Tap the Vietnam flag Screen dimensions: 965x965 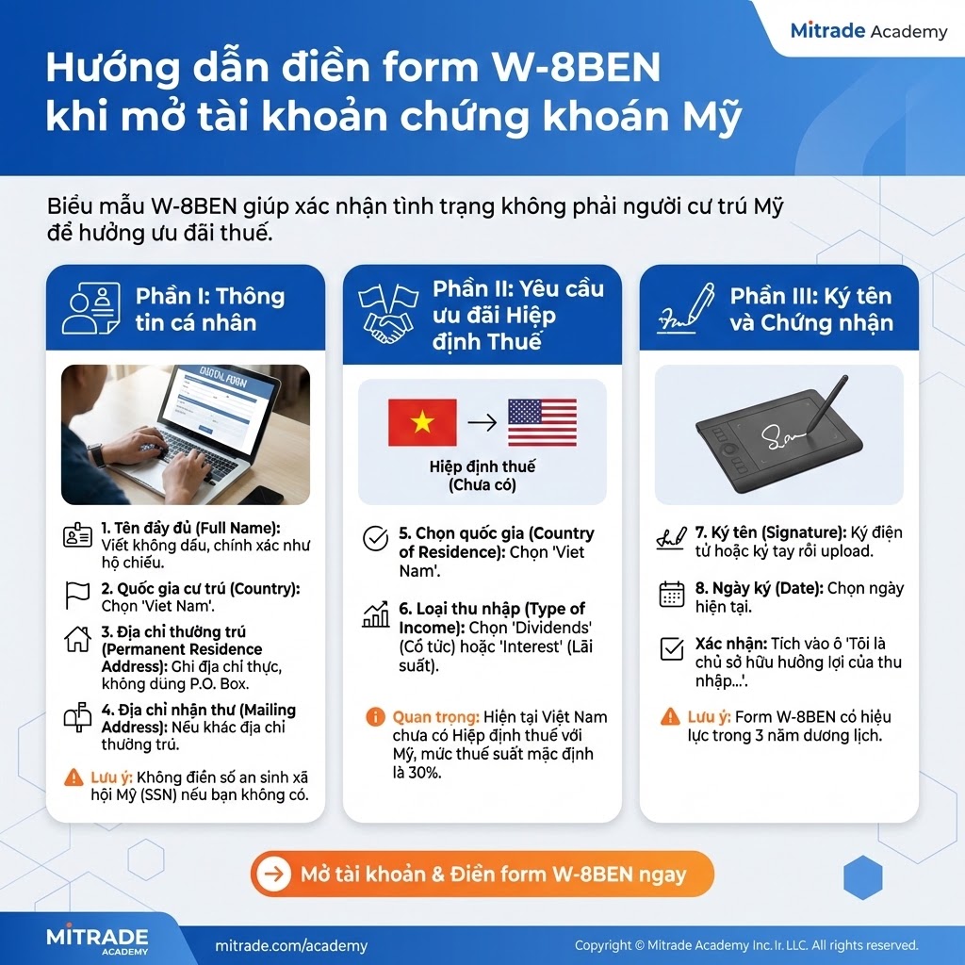pos(422,422)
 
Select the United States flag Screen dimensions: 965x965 pos(542,422)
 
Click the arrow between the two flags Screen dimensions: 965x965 pos(482,423)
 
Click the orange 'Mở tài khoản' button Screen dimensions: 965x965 pos(482,874)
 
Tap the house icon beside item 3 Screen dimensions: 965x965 pos(77,640)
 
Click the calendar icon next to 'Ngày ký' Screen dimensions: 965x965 pos(672,594)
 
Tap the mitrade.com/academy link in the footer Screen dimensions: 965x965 pos(291,945)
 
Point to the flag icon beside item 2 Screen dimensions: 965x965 pos(77,595)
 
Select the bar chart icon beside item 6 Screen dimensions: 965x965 pos(376,616)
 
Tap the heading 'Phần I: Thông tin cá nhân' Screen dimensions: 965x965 pos(209,309)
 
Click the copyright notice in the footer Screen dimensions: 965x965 pos(746,945)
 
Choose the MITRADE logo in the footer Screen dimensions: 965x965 pos(97,940)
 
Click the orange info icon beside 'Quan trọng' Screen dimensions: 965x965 pos(375,717)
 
